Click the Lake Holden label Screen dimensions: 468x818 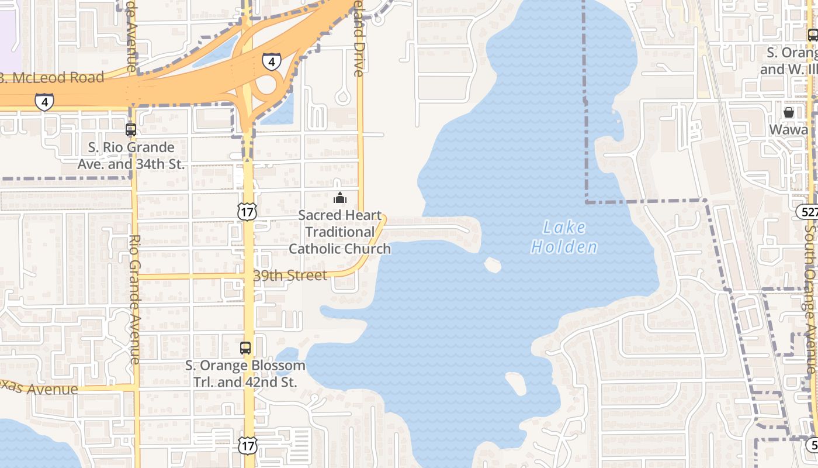(x=564, y=237)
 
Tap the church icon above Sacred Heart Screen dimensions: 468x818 (x=339, y=198)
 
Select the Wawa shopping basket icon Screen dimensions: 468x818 (x=788, y=112)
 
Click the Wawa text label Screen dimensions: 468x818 (x=788, y=129)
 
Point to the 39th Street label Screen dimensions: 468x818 (x=290, y=276)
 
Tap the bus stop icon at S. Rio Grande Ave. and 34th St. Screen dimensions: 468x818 (x=131, y=130)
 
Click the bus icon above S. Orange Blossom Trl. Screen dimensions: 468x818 (x=245, y=348)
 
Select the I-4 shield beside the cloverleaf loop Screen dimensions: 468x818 (x=271, y=61)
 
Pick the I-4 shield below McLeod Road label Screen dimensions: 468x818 (x=44, y=102)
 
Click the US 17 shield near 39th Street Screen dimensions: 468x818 (x=247, y=211)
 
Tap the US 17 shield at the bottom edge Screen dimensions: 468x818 (x=247, y=445)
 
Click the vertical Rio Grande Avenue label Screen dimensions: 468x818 (x=134, y=298)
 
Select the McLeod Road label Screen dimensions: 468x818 (x=53, y=77)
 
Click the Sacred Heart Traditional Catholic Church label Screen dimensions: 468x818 (x=339, y=232)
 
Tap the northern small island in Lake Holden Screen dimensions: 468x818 (x=493, y=265)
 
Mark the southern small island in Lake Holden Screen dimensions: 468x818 (x=516, y=383)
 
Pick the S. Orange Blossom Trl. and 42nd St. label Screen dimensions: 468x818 (x=245, y=374)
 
